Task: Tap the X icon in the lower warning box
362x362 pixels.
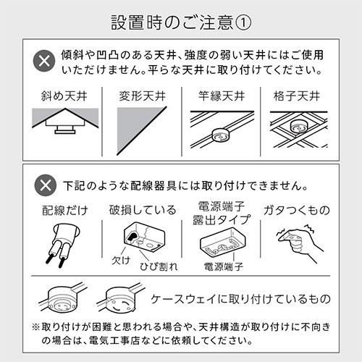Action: (46, 183)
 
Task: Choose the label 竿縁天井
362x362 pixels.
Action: (221, 96)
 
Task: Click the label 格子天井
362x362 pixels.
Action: (299, 96)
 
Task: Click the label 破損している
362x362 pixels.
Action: (142, 211)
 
